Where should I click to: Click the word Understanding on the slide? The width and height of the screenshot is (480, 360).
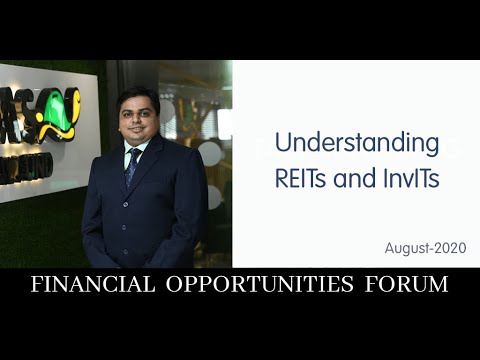click(x=357, y=143)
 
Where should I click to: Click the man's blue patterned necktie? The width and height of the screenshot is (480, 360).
click(x=133, y=168)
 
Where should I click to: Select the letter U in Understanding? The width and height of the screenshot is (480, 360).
click(x=283, y=143)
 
